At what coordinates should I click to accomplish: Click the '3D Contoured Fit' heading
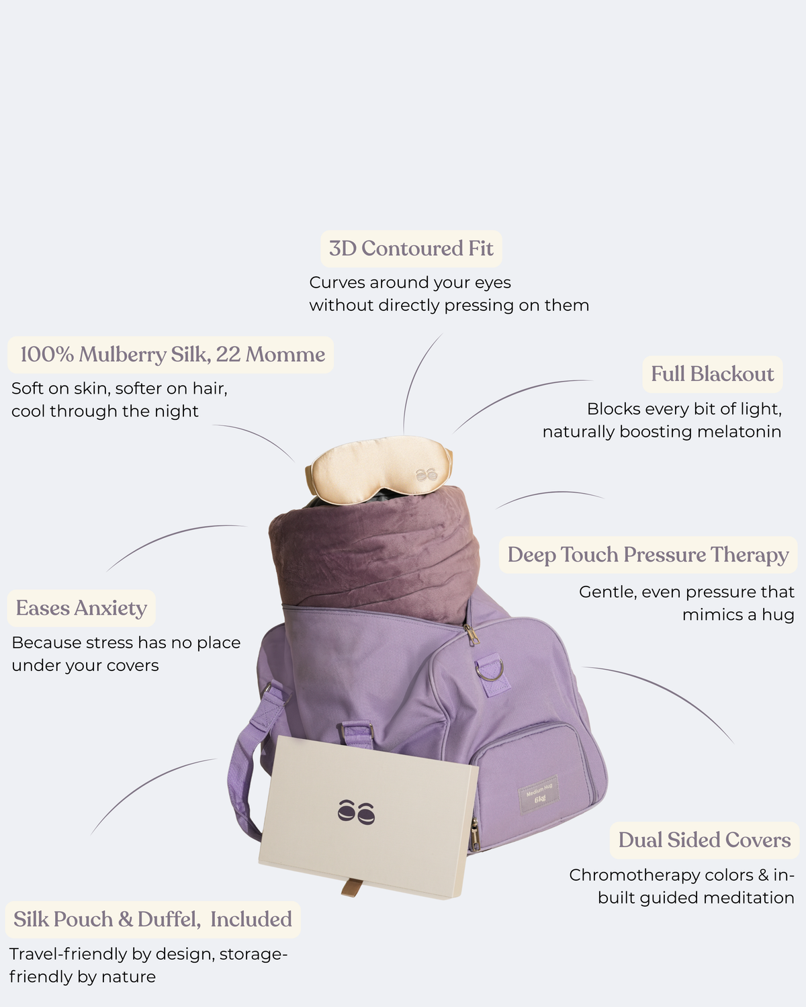[x=410, y=249]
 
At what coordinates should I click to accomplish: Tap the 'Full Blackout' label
[x=712, y=374]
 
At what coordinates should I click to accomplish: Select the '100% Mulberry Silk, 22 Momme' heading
[x=172, y=354]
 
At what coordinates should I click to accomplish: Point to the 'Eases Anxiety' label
[x=81, y=608]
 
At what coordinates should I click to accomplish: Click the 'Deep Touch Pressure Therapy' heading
[x=648, y=555]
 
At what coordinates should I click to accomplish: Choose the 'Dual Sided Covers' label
[x=705, y=840]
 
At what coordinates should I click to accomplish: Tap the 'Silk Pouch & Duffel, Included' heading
[x=152, y=919]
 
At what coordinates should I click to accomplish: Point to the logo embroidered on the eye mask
[x=427, y=474]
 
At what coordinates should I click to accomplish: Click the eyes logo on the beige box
[x=356, y=812]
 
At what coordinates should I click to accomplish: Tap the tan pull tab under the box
[x=352, y=887]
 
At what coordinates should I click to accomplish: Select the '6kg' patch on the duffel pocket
[x=539, y=795]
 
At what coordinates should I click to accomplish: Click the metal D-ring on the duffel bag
[x=489, y=670]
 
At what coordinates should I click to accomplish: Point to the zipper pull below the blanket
[x=472, y=634]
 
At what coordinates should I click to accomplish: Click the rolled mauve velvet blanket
[x=374, y=548]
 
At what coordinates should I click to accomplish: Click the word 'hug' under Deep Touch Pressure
[x=778, y=615]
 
